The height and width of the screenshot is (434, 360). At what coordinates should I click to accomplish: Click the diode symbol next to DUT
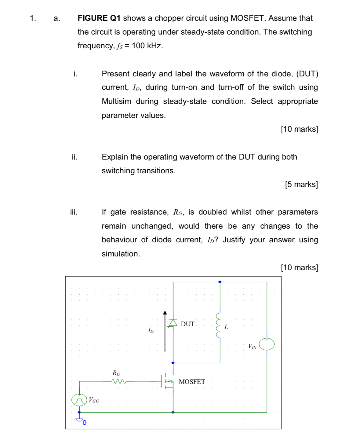[173, 322]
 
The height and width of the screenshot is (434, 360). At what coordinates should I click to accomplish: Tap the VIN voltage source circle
[267, 344]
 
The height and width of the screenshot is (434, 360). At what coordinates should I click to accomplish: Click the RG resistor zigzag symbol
[118, 381]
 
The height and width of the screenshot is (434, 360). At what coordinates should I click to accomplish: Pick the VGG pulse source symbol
[79, 400]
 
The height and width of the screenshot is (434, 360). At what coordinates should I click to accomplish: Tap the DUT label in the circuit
[187, 324]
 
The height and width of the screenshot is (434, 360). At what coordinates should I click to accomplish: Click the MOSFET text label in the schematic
[192, 382]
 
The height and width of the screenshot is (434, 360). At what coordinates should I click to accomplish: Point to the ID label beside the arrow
[151, 330]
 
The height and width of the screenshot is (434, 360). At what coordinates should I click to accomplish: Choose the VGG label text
[94, 400]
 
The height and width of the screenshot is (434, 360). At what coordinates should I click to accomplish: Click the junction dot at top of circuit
[220, 282]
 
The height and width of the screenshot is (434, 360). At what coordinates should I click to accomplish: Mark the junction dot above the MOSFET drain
[173, 363]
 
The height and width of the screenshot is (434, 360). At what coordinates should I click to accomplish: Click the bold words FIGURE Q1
[99, 18]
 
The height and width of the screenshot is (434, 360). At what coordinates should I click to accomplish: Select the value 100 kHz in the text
[147, 46]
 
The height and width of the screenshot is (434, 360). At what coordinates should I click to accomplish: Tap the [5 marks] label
[301, 185]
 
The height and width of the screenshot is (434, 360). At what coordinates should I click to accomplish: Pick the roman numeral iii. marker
[74, 212]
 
